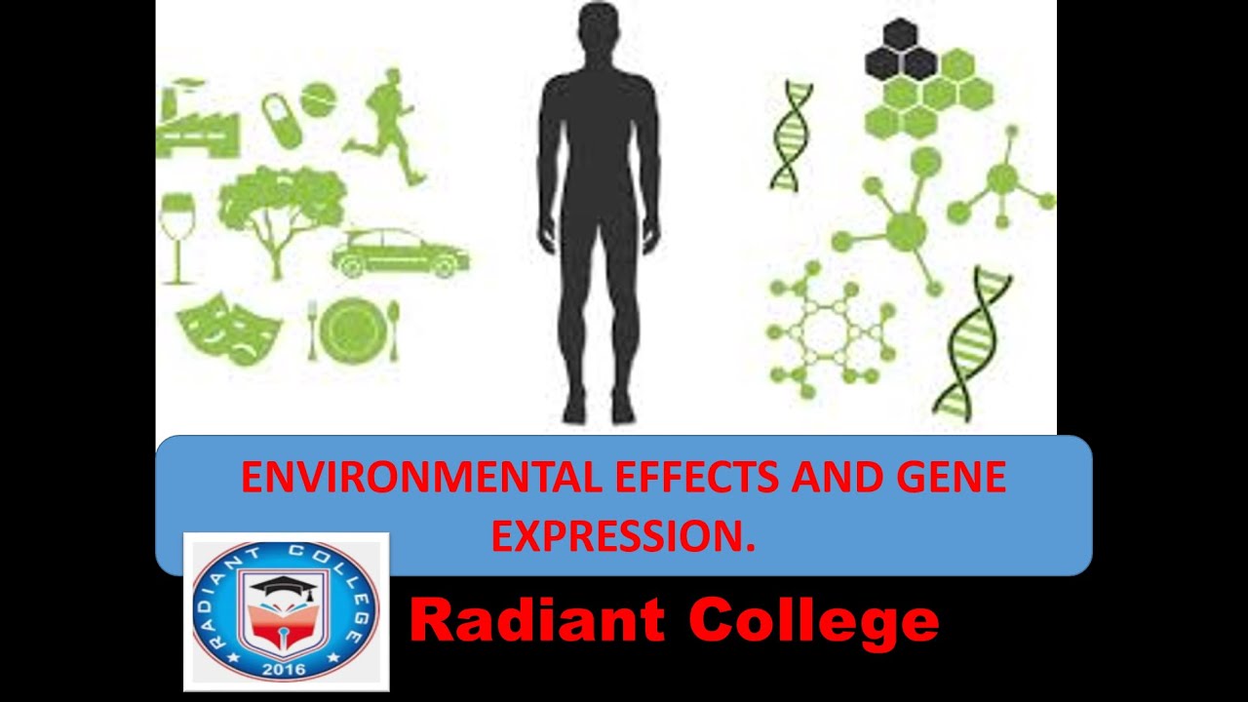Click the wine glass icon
pos(177,234)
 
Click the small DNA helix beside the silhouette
pos(791,136)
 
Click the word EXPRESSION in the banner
pos(623,534)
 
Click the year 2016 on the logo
pos(284,669)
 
